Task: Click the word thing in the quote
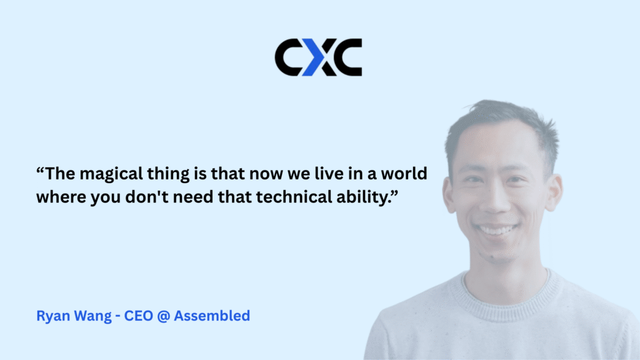coord(168,174)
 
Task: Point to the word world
coord(404,174)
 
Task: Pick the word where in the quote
coord(61,197)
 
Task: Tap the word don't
coord(147,197)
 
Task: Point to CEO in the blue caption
coord(138,316)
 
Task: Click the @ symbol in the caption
coord(163,316)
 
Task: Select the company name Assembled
coord(212,316)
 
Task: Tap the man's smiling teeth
coord(497,230)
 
